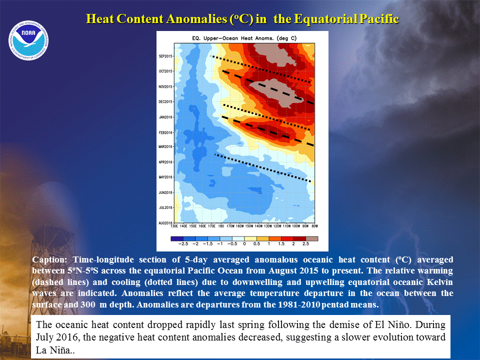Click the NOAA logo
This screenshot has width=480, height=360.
point(28,40)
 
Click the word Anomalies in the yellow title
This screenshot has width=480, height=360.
point(197,19)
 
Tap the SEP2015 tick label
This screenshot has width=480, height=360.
point(165,56)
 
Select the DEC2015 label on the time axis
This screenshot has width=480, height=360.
point(165,101)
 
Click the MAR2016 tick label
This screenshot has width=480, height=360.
point(165,146)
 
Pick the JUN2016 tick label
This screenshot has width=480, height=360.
point(165,192)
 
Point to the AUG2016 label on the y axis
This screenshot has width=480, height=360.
point(165,223)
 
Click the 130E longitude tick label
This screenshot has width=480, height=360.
point(174,226)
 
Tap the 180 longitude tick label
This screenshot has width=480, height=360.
point(220,226)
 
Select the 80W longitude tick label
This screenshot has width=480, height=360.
point(314,226)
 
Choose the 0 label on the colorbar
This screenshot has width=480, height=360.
point(244,244)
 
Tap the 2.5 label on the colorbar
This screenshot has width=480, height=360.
point(306,244)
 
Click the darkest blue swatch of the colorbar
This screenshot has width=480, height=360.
point(177,238)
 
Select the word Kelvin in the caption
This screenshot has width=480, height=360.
point(438,282)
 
